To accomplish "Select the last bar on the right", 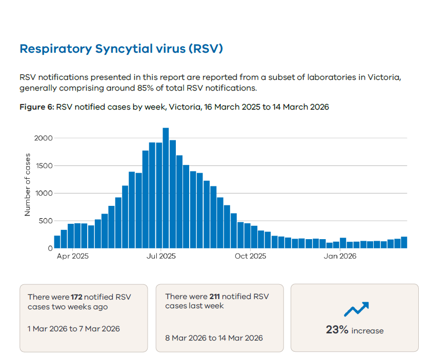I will point(404,243).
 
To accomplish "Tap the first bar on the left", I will point(57,242).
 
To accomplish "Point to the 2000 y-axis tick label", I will point(44,138).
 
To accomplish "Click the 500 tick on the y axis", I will point(46,221).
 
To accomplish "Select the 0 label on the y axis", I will point(50,248).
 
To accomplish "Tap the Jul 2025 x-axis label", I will point(161,256).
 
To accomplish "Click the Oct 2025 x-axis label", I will point(251,256).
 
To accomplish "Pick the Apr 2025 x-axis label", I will point(73,256).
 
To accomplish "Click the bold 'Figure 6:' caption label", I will point(36,107).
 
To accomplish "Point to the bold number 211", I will point(215,297).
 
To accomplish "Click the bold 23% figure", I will point(337,330).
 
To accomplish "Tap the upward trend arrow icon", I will point(356,309).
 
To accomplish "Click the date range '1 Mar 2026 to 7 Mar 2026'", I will point(74,328).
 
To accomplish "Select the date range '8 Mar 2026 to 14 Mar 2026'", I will point(214,337).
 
